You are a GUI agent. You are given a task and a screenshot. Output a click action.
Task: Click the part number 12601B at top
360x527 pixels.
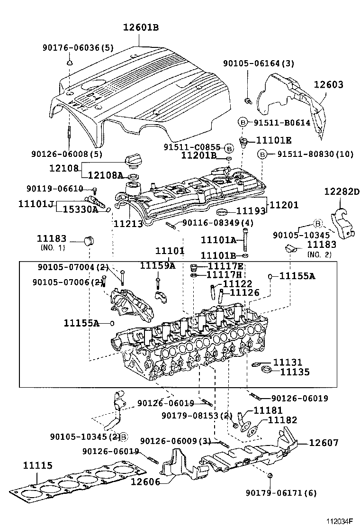click(141, 28)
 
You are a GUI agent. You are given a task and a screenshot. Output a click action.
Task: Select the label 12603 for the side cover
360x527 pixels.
click(328, 85)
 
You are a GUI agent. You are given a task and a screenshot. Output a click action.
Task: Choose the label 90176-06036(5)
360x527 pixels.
click(78, 47)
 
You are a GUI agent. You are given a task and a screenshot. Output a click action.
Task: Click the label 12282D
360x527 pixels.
click(342, 191)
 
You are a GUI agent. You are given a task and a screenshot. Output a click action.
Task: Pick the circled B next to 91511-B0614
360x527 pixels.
click(242, 122)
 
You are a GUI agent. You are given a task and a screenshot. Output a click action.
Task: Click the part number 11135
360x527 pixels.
click(294, 372)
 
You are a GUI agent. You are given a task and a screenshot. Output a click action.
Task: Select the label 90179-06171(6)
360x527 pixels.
click(281, 493)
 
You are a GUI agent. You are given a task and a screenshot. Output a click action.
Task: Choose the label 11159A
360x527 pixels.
click(157, 266)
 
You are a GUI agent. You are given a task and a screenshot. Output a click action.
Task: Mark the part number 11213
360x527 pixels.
click(128, 222)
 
